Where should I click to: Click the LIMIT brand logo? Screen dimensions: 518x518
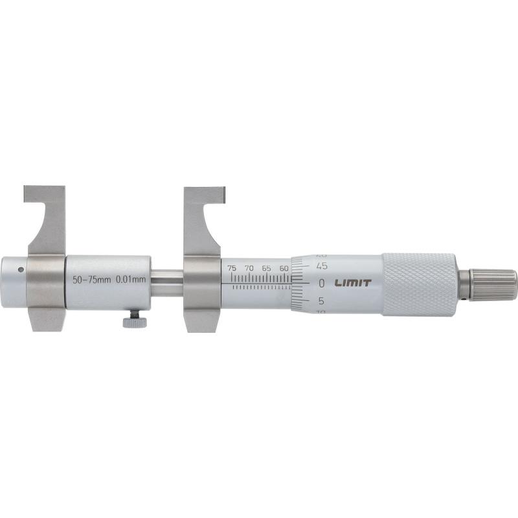coord(353,282)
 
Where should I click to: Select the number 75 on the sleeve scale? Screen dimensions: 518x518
coord(232,267)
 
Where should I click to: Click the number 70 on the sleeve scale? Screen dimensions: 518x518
coord(249,267)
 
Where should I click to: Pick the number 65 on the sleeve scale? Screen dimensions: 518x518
coord(266,267)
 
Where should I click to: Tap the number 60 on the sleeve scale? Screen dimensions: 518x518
coord(284,267)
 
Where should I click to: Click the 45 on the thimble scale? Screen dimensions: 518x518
coord(322,265)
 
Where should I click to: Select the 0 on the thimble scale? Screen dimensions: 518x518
coord(322,283)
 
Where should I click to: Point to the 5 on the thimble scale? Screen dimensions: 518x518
coord(322,300)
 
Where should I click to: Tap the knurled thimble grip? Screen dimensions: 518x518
coord(419,284)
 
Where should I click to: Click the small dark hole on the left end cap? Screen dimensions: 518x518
coord(21,270)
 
